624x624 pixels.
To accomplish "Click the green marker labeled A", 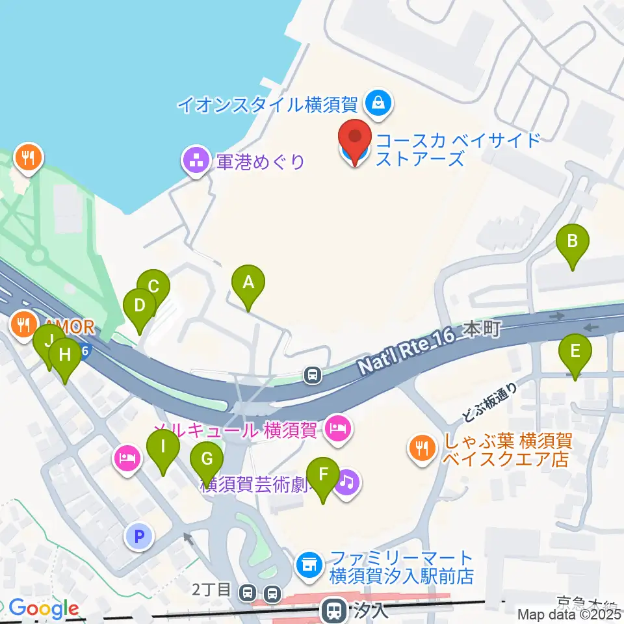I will point(248,284).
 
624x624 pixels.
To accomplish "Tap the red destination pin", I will point(355,140).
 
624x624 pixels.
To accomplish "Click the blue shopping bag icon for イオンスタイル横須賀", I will point(377,103).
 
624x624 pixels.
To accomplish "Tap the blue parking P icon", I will point(138,536).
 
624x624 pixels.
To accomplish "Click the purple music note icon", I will point(347,482).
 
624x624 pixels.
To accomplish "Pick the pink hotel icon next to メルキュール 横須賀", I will point(338,429).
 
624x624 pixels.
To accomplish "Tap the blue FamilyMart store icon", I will point(309,564).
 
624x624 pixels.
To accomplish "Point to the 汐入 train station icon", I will point(334,609).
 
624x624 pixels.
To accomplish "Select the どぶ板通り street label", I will point(491,401).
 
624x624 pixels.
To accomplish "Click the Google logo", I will point(44,608).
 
